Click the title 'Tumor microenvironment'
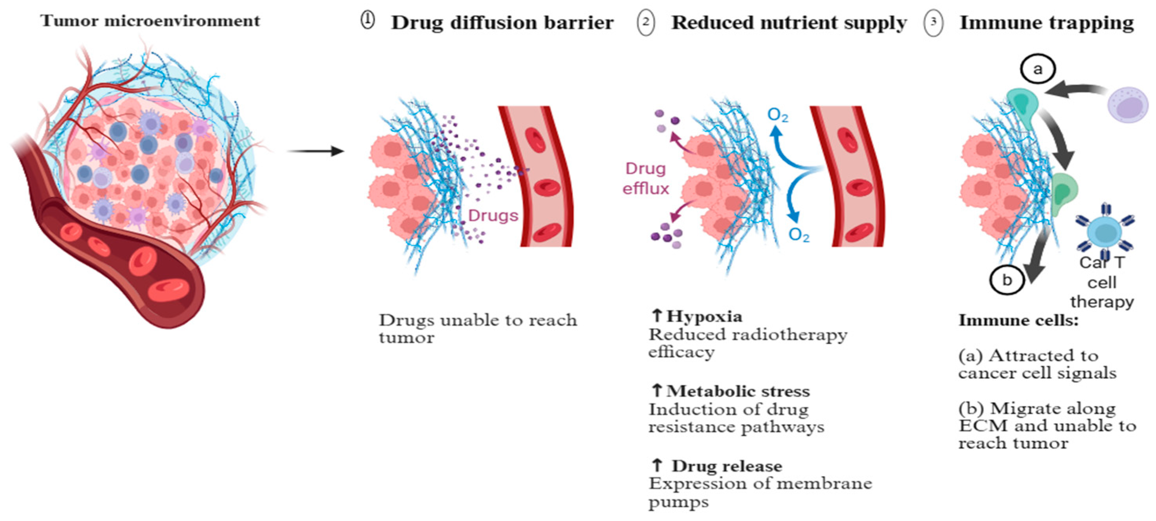pos(150,21)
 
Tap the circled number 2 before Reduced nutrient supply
pos(645,22)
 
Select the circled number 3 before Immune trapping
pos(933,22)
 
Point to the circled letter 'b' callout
pos(1007,280)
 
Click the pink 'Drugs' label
pos(493,216)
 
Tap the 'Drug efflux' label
pos(645,178)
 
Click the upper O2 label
pos(778,116)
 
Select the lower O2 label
pos(799,235)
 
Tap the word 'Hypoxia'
pos(703,316)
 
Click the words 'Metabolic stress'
pos(738,391)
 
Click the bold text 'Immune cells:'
pos(1018,320)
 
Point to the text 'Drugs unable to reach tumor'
pos(478,328)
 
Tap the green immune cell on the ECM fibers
pos(1064,191)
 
